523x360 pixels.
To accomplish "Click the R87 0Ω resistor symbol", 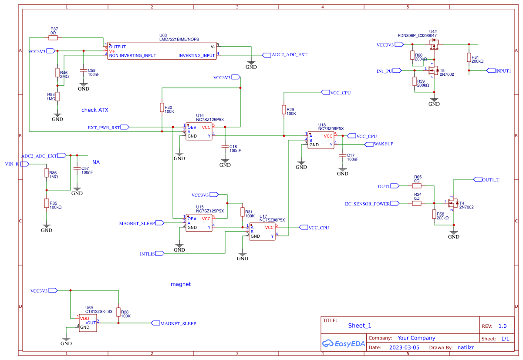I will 53,38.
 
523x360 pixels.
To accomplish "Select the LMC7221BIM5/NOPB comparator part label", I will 179,39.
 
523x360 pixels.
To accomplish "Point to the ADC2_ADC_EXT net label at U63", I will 289,55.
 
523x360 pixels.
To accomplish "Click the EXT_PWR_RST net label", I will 104,128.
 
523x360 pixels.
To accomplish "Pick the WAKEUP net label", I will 383,144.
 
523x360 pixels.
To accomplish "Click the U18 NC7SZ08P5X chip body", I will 321,140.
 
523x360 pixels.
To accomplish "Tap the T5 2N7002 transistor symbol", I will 433,70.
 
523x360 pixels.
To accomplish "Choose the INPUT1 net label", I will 503,71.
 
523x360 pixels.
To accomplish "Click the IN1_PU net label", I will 385,71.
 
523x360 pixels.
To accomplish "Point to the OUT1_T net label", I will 491,179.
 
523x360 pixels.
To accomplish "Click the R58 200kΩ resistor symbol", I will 434,214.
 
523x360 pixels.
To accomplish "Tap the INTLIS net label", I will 147,253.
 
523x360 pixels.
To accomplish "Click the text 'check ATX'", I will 94,110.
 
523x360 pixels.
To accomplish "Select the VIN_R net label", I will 12,164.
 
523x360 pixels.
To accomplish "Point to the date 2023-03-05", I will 401,347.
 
